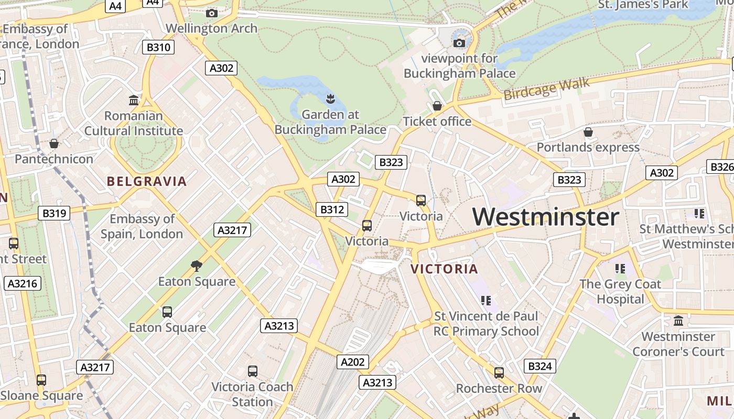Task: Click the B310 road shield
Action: pyautogui.click(x=158, y=48)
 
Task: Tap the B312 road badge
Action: pyautogui.click(x=331, y=210)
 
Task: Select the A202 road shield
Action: pyautogui.click(x=352, y=362)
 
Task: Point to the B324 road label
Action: pyautogui.click(x=539, y=366)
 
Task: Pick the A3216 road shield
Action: pyautogui.click(x=22, y=284)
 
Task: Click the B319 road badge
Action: pyautogui.click(x=54, y=213)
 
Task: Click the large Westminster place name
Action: pyautogui.click(x=546, y=217)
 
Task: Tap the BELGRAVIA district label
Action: pyautogui.click(x=147, y=182)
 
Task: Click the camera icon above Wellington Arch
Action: pyautogui.click(x=212, y=13)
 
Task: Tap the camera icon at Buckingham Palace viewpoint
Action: pyautogui.click(x=459, y=43)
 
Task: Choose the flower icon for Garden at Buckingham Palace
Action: pyautogui.click(x=330, y=98)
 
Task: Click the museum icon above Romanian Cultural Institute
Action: pyautogui.click(x=134, y=100)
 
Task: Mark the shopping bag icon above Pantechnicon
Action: pyautogui.click(x=53, y=144)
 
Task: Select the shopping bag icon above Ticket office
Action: pyautogui.click(x=437, y=106)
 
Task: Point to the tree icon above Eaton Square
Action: pyautogui.click(x=197, y=266)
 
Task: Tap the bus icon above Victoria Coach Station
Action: pyautogui.click(x=253, y=371)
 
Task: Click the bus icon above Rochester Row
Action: pyautogui.click(x=499, y=373)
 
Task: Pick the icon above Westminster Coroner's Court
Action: pyautogui.click(x=678, y=321)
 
